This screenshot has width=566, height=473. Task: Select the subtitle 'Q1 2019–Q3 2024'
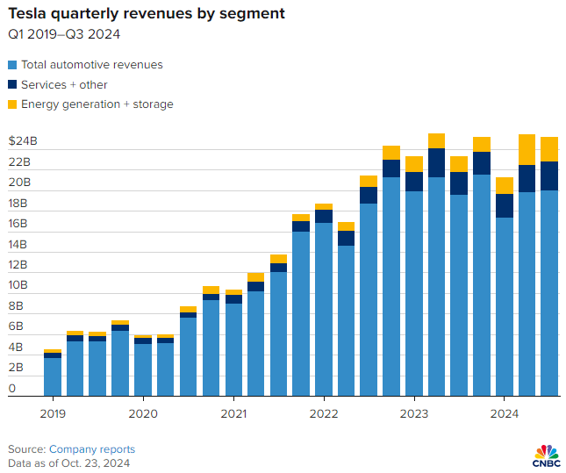click(x=64, y=35)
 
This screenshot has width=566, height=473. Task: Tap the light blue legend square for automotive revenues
click(x=12, y=65)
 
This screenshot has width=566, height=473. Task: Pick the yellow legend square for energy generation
click(x=12, y=104)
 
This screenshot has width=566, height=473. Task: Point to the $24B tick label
click(x=23, y=142)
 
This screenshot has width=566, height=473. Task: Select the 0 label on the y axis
click(x=12, y=388)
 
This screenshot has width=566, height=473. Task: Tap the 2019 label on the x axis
click(x=52, y=412)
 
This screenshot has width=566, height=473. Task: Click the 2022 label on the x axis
click(x=324, y=412)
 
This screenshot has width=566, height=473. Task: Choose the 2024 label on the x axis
click(x=504, y=412)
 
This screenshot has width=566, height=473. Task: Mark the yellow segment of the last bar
click(x=549, y=149)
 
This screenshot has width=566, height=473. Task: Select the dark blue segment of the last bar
click(x=549, y=176)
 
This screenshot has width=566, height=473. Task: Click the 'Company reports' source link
click(x=92, y=448)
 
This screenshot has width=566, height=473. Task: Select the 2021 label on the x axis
click(x=233, y=412)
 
